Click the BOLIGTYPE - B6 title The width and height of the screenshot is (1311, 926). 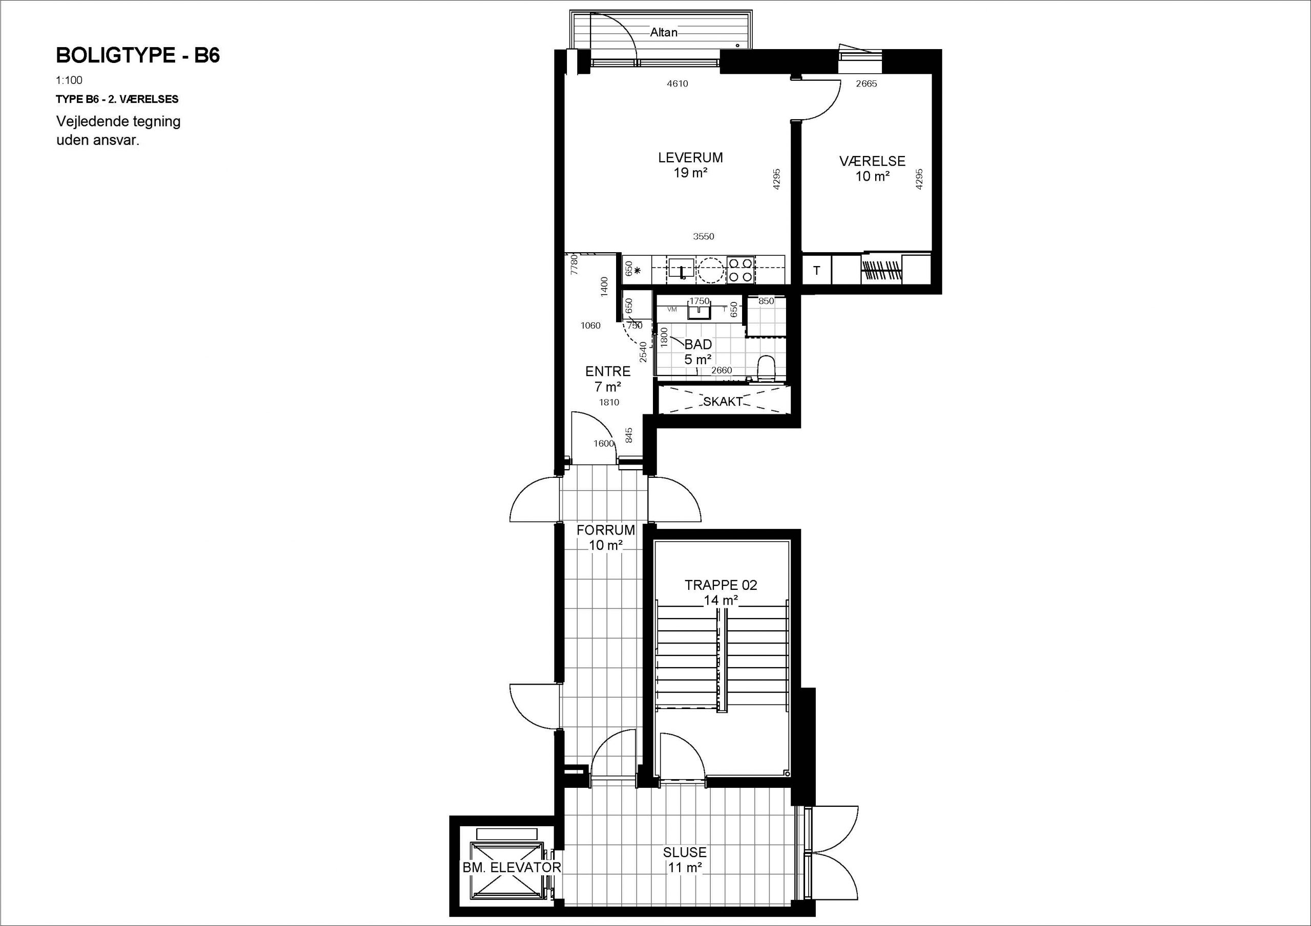point(138,55)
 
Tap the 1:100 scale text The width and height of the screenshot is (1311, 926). point(69,80)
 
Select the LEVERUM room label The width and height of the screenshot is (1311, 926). point(690,158)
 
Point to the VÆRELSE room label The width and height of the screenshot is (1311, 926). point(872,162)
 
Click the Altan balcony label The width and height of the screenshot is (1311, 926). point(664,33)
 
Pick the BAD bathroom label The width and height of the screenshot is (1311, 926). point(699,345)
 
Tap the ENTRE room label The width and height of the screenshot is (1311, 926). point(607,371)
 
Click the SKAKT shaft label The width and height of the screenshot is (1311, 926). point(722,402)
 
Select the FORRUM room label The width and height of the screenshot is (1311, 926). point(605,530)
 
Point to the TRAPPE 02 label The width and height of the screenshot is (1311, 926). point(721,585)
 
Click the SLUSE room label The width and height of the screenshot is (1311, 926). point(685,852)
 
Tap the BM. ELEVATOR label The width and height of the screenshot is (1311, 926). point(512,867)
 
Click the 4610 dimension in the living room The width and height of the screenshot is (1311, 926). point(677,84)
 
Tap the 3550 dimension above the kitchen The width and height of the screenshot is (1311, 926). point(704,236)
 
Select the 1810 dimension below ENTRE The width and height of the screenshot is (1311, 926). point(609,402)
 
